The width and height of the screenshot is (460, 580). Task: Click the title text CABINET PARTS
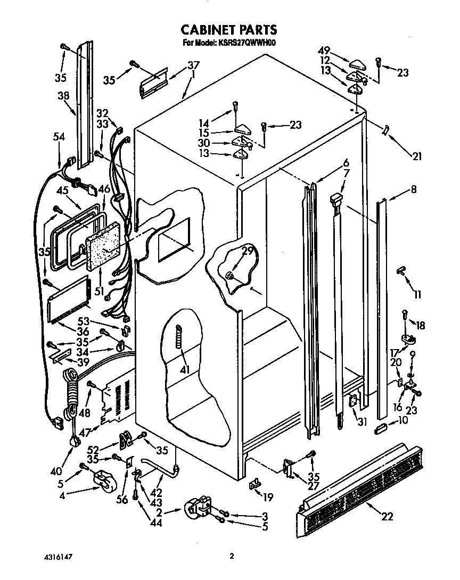229,30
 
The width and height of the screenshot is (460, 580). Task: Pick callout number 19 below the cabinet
268,498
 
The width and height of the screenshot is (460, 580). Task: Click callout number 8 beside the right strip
413,189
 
